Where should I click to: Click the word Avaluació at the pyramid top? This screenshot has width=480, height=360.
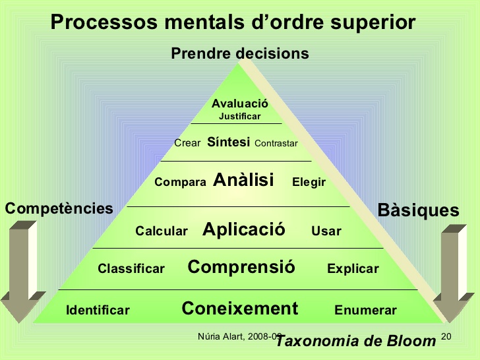(x=239, y=104)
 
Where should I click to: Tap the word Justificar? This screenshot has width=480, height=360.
(x=239, y=117)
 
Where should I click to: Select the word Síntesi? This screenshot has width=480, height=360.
(x=228, y=142)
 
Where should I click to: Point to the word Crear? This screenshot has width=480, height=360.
(x=187, y=143)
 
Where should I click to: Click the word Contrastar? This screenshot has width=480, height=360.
(x=276, y=143)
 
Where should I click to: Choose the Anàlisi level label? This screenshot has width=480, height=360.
(x=244, y=179)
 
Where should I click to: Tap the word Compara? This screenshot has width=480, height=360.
(x=180, y=183)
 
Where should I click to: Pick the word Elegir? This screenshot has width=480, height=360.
(x=309, y=183)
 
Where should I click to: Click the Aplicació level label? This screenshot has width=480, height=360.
(x=244, y=229)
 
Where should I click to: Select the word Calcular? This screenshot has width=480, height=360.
(x=162, y=231)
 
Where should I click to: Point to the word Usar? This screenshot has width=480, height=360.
(x=326, y=231)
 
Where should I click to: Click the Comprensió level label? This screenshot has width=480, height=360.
(x=241, y=267)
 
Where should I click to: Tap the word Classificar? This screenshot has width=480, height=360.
(x=131, y=269)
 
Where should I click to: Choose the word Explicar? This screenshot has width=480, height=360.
(x=353, y=269)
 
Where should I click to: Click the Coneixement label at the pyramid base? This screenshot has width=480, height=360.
(x=240, y=308)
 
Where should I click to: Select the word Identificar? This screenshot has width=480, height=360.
(x=98, y=311)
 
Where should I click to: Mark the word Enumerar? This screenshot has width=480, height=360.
(x=365, y=311)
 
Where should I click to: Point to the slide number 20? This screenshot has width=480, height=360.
(x=445, y=337)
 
